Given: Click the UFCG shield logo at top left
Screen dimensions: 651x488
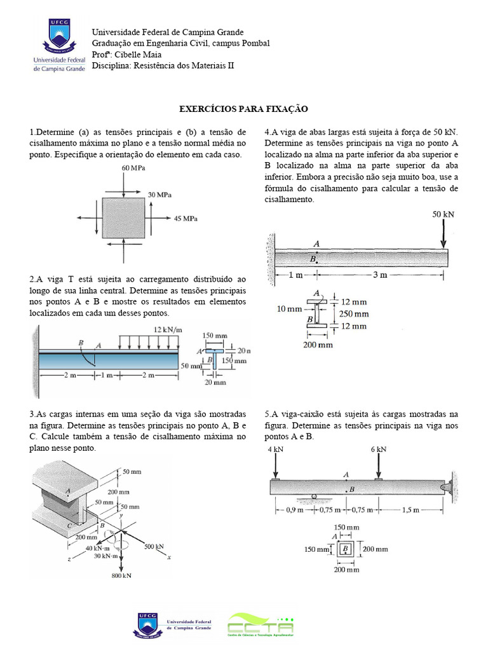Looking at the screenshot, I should pos(58,36).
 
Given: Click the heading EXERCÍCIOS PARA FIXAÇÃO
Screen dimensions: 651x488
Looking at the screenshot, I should pos(243,109).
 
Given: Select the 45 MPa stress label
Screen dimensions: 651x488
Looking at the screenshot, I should pos(186,218).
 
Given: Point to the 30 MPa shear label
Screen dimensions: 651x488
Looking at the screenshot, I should pos(159,194).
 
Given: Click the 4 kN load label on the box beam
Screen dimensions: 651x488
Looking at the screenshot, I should pos(275,449).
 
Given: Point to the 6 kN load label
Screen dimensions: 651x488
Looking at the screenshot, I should pos(378,449).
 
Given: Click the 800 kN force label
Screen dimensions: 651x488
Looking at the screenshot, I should pos(121,575).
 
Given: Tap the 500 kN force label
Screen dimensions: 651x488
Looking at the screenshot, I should pos(154,546).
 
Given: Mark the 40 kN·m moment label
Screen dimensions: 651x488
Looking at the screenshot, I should pos(98,549).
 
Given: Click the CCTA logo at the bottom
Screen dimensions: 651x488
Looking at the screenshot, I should pos(261,624).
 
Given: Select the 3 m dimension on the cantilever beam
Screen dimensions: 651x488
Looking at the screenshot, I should pos(380,275).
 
